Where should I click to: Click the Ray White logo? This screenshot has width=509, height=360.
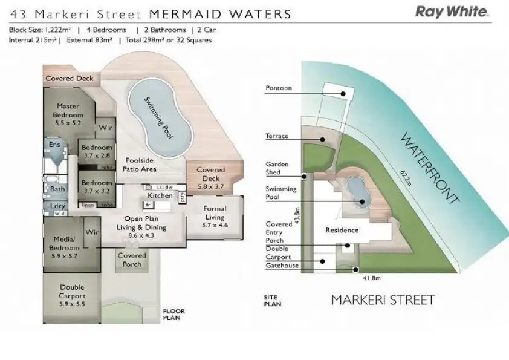[x=451, y=12]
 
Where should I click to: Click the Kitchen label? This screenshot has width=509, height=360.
[x=160, y=195]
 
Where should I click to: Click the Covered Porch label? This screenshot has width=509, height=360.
[x=132, y=260]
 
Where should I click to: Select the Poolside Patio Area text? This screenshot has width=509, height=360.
[x=140, y=165]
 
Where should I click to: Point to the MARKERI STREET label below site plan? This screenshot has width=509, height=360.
[x=382, y=299]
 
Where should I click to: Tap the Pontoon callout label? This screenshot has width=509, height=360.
[x=278, y=88]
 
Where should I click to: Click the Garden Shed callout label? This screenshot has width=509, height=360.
[x=277, y=168]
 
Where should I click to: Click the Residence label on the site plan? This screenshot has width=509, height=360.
[x=342, y=230]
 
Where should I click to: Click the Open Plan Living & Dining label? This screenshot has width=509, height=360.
[x=142, y=223]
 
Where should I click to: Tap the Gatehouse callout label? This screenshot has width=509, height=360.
[x=282, y=265]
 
